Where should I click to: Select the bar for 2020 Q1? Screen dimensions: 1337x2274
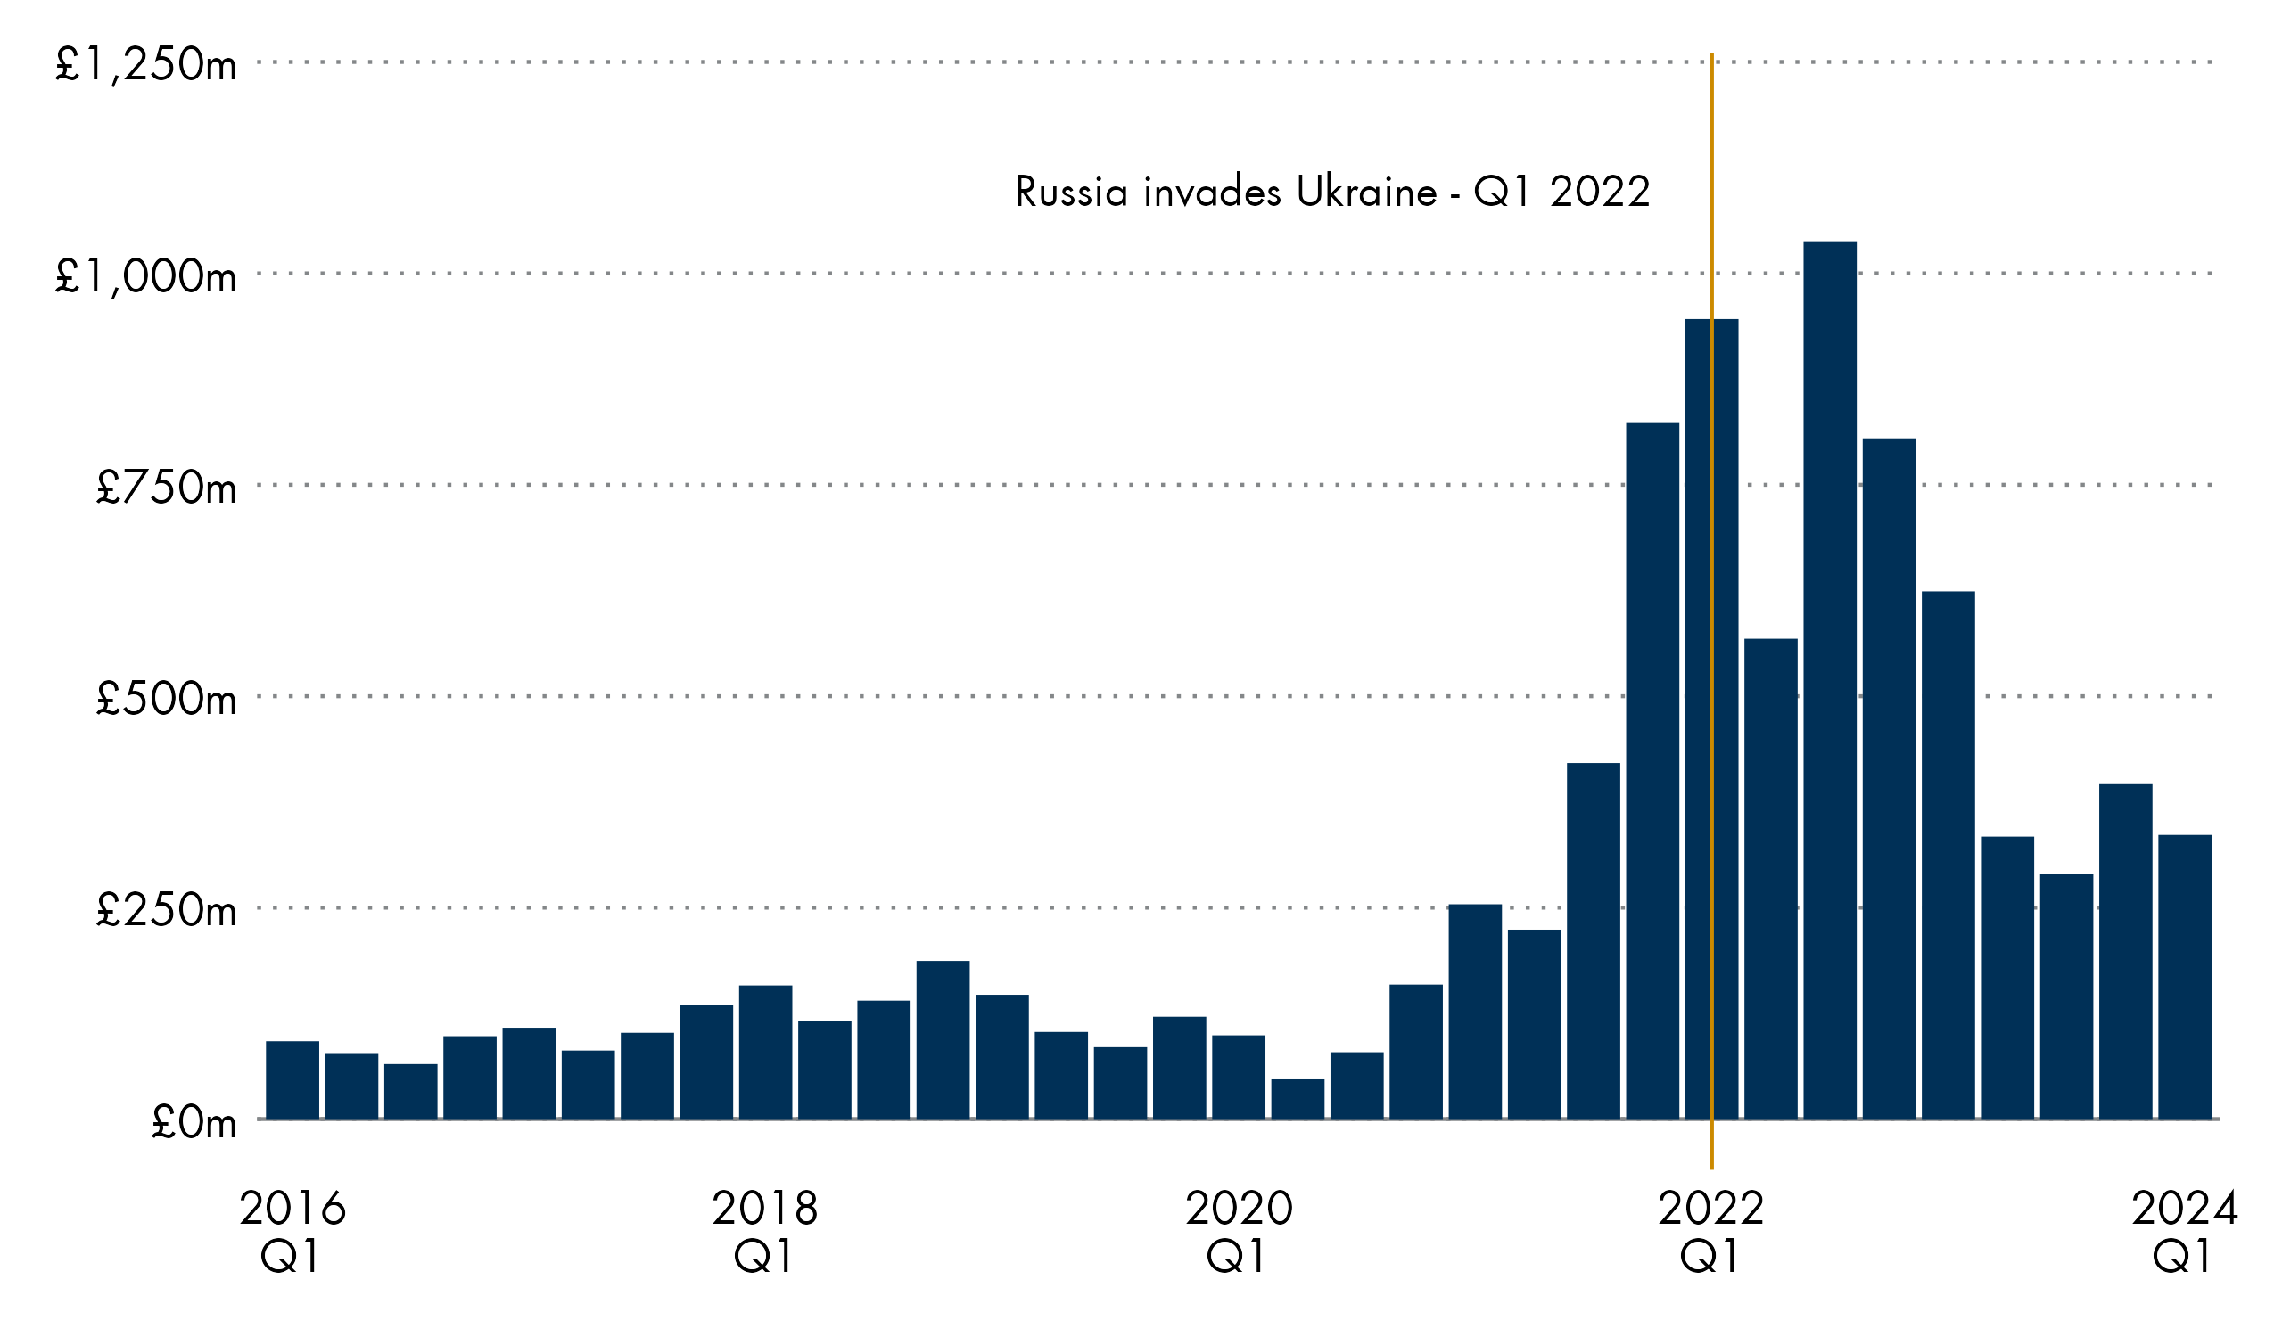[1238, 1078]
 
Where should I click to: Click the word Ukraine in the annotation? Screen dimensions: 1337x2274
[1366, 193]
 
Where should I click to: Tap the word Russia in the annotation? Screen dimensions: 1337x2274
[1071, 193]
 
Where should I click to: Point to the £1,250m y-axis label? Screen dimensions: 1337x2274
[146, 64]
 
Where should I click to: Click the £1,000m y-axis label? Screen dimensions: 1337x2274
[146, 276]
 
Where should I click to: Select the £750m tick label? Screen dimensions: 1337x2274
[167, 488]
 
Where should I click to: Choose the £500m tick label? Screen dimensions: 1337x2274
[167, 699]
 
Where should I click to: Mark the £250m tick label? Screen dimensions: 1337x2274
[167, 910]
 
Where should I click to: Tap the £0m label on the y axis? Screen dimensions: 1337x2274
[194, 1122]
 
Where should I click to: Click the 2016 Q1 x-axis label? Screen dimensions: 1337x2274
[292, 1232]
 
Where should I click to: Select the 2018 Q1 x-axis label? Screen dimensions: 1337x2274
[765, 1232]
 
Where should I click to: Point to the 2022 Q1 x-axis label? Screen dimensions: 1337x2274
[1711, 1232]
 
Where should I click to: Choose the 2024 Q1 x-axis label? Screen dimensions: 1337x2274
[2184, 1232]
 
